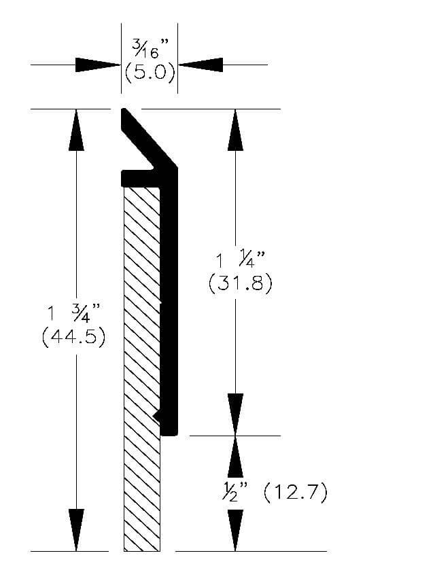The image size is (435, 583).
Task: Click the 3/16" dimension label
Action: [150, 49]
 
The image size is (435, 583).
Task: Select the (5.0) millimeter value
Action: [150, 72]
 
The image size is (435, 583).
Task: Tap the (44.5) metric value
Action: [74, 337]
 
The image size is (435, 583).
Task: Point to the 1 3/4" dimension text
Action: [74, 313]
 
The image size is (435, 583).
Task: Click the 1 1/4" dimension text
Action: [241, 259]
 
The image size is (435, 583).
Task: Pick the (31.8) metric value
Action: [241, 283]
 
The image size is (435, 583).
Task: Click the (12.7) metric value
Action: [296, 492]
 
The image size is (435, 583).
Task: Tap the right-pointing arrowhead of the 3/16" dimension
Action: [98, 65]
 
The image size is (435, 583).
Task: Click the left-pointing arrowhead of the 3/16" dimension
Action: [201, 65]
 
